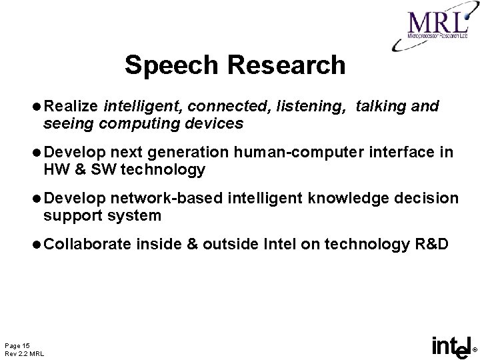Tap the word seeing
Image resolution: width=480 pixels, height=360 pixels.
point(66,123)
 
